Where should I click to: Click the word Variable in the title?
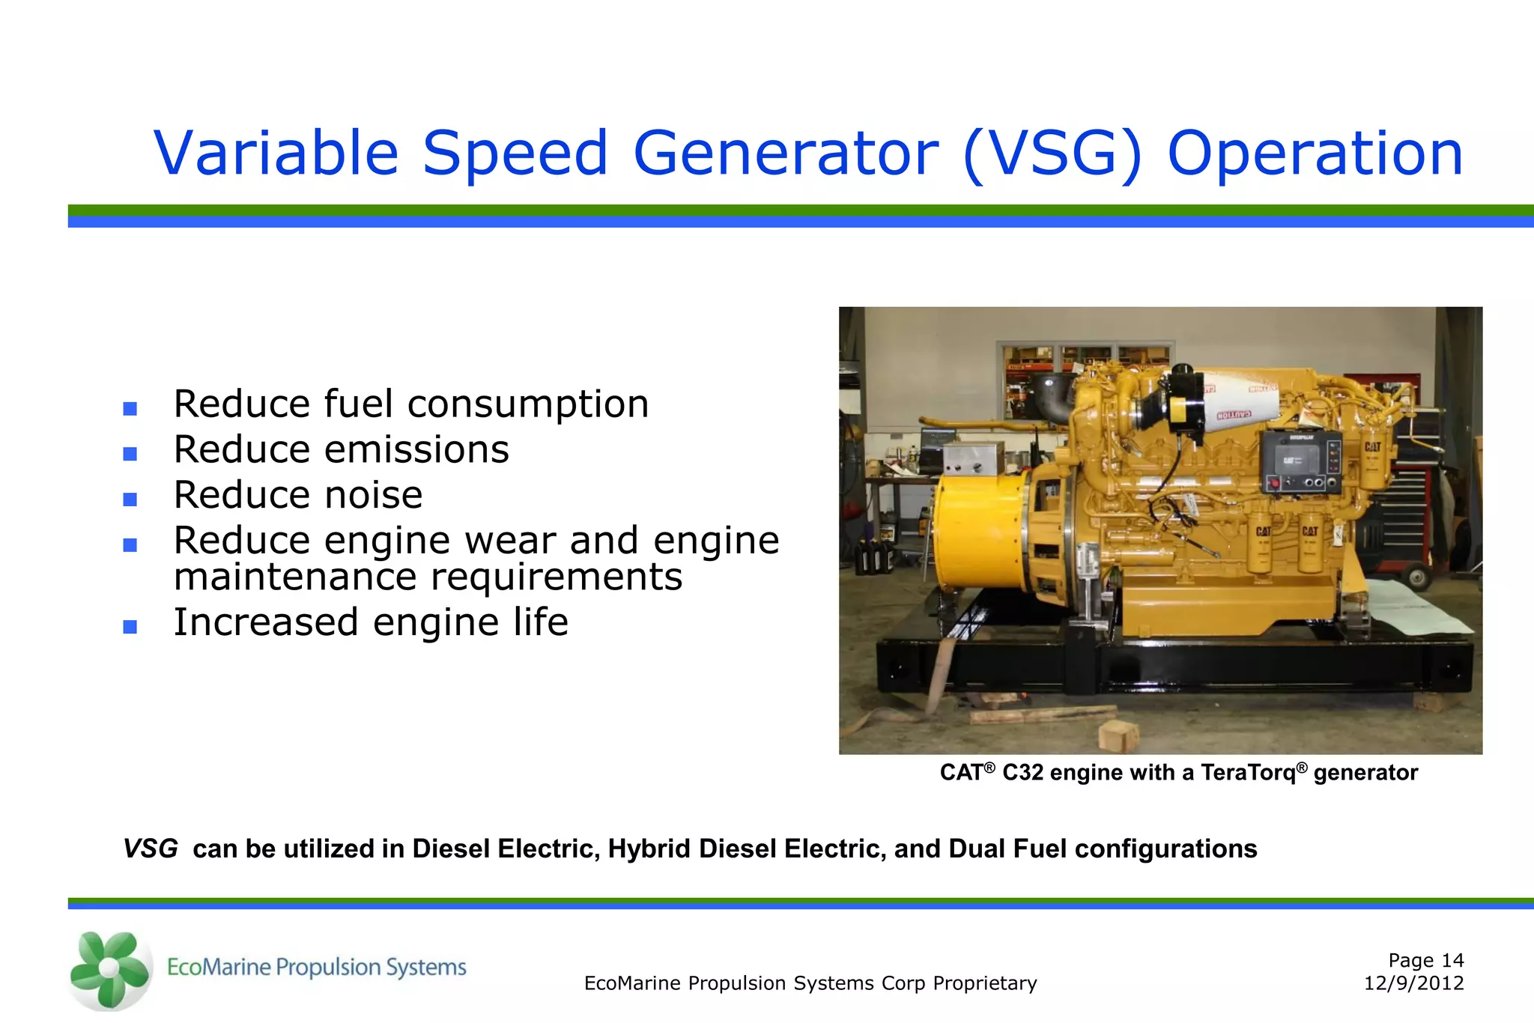point(276,154)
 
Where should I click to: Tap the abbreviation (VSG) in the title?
point(1052,154)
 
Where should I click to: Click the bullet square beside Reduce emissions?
point(130,454)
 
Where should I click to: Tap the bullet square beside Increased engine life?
point(130,627)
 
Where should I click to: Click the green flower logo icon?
point(109,969)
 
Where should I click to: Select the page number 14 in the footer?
point(1452,960)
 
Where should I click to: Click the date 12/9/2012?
point(1413,983)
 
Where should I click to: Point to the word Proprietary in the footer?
point(984,983)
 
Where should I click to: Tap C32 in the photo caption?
point(1023,772)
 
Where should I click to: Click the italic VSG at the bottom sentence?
point(151,849)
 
